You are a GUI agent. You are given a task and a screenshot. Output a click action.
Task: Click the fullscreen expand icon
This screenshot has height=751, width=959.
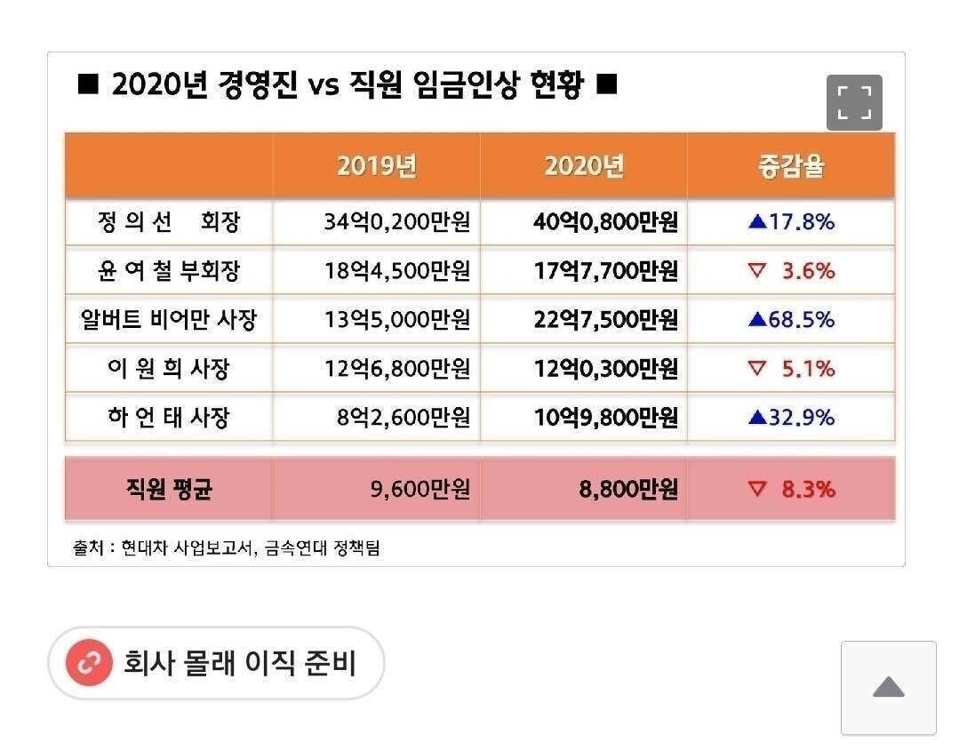tap(854, 102)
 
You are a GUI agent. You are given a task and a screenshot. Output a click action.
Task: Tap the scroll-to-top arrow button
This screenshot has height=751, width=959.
tap(888, 687)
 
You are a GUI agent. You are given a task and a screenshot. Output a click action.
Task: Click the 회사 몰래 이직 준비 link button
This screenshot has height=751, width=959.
tap(216, 663)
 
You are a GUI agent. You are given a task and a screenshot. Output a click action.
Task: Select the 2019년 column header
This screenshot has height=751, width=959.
tap(377, 166)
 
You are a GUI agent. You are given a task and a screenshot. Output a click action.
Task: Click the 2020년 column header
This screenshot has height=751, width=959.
tap(584, 166)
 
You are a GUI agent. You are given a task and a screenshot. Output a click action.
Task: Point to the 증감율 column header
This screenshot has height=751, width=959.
tap(791, 166)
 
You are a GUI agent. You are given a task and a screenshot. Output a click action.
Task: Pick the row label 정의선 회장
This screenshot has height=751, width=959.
tap(169, 222)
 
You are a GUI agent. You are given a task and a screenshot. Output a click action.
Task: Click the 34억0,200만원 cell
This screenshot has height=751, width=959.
tap(396, 222)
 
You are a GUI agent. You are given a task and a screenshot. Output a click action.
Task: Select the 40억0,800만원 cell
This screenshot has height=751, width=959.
tap(605, 222)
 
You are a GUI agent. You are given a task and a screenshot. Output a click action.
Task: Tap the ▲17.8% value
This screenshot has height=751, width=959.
tap(791, 222)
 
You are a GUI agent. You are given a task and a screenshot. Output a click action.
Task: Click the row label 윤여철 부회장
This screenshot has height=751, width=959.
tap(169, 271)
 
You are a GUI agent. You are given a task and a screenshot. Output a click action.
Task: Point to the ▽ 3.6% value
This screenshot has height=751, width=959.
tap(791, 271)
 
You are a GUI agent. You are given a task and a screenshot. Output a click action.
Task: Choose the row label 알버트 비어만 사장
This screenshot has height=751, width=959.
tap(169, 320)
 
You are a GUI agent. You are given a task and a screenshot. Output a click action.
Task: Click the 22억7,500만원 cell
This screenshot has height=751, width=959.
tap(605, 320)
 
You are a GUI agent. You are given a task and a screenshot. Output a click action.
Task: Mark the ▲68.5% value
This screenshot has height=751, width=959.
tap(791, 320)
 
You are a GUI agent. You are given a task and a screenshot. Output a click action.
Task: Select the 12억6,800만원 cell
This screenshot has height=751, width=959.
tap(396, 368)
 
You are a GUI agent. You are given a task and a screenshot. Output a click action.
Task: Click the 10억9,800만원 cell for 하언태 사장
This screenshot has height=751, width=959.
tap(605, 417)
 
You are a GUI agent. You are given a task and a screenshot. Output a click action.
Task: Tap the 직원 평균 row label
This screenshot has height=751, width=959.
tap(169, 489)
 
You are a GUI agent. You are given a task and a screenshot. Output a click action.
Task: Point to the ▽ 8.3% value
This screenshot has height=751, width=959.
tap(791, 489)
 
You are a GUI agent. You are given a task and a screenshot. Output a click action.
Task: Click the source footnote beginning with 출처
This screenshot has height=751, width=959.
tap(226, 548)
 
